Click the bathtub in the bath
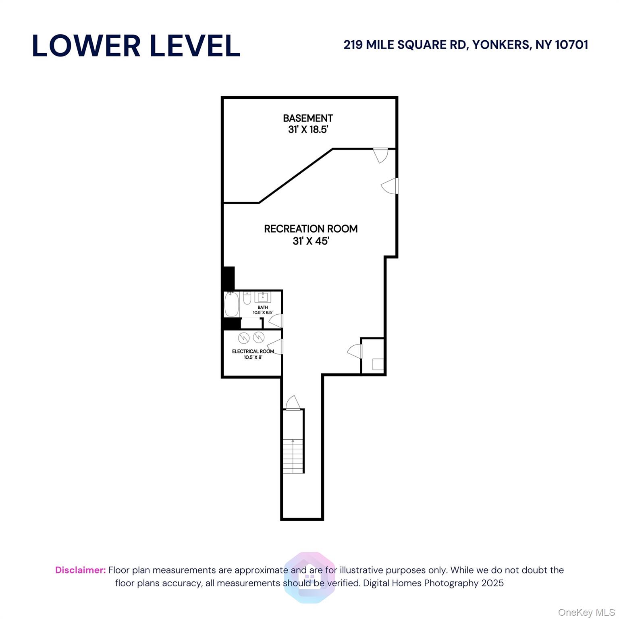point(232,304)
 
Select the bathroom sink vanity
point(263,297)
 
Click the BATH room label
point(263,307)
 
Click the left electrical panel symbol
point(244,337)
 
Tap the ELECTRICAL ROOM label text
point(253,351)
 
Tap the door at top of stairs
point(293,403)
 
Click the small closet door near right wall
point(355,351)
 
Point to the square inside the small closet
point(378,364)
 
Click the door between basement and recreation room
point(380,155)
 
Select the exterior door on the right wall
point(390,186)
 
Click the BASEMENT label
point(308,118)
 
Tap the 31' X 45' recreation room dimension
point(311,241)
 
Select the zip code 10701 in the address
point(571,45)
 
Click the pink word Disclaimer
point(80,570)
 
